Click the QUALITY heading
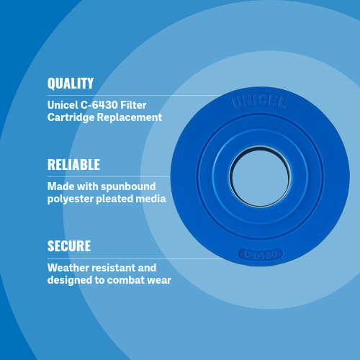[71, 84]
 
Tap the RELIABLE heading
[73, 165]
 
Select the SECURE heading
[69, 246]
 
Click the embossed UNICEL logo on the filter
[259, 102]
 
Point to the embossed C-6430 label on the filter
[261, 254]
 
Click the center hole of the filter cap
[261, 177]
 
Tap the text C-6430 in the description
[99, 105]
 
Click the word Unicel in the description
[63, 105]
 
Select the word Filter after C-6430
[133, 105]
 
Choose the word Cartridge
[71, 117]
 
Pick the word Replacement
[130, 117]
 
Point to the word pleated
[114, 199]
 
